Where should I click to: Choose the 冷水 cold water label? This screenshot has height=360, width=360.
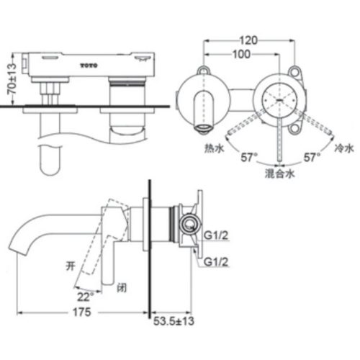pos(344,148)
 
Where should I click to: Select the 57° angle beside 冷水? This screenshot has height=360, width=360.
pos(312,156)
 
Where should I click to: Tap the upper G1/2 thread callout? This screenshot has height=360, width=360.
pos(216,235)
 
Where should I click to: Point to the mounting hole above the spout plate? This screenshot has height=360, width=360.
pos(203,71)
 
